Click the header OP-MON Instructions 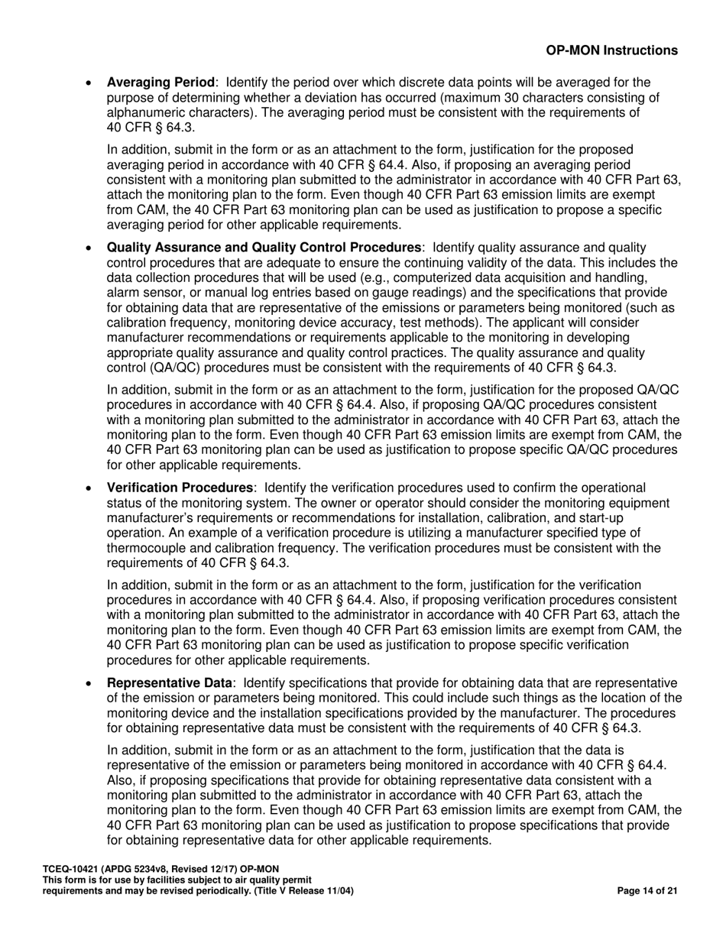pyautogui.click(x=611, y=50)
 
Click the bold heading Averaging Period pyautogui.click(x=160, y=83)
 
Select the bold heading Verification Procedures pyautogui.click(x=180, y=488)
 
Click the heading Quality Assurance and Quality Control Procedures pyautogui.click(x=264, y=248)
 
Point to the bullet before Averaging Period pyautogui.click(x=90, y=83)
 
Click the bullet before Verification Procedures pyautogui.click(x=90, y=488)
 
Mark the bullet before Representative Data pyautogui.click(x=90, y=684)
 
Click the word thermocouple pyautogui.click(x=144, y=548)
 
